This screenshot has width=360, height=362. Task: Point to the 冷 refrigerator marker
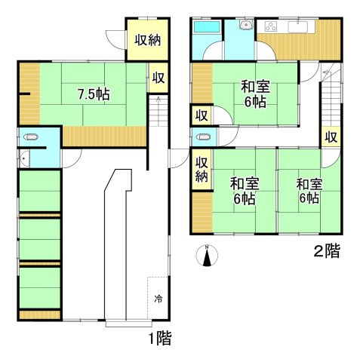tap(158, 298)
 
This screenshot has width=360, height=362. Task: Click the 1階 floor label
tap(160, 339)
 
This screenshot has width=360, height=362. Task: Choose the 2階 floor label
tap(327, 251)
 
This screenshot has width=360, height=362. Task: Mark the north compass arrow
tap(207, 256)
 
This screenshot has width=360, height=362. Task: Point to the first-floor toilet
tap(31, 138)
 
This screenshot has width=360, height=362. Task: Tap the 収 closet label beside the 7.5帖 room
tap(158, 78)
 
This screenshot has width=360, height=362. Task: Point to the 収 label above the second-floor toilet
tap(200, 115)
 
